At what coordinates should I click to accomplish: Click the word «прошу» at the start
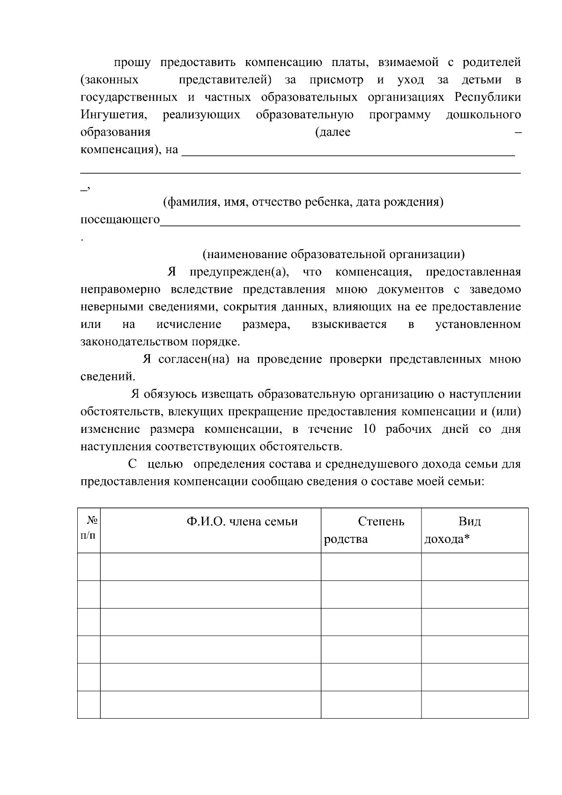click(x=132, y=63)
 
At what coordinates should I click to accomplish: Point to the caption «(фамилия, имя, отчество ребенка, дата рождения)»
click(x=303, y=202)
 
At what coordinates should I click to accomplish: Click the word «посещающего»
click(x=120, y=220)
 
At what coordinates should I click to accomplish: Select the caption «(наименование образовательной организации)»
click(x=333, y=254)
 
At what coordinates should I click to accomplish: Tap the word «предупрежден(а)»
click(x=239, y=272)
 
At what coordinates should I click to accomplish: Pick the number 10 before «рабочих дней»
click(x=369, y=429)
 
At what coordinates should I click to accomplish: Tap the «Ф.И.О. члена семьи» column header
click(x=242, y=522)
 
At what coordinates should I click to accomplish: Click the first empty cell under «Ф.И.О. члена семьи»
click(x=210, y=567)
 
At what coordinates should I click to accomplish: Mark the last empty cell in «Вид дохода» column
click(x=474, y=705)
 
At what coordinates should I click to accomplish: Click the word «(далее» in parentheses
click(x=333, y=133)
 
